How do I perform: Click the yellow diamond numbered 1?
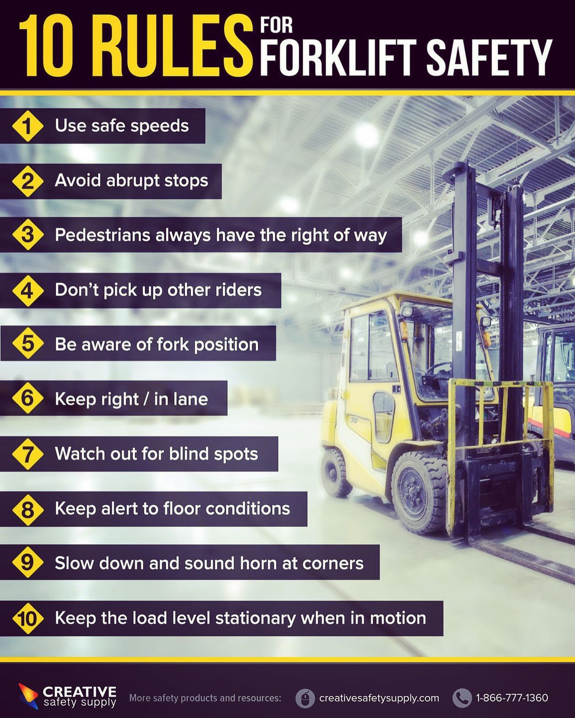28,126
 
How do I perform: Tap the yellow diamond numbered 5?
28,343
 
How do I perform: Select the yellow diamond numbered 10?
28,618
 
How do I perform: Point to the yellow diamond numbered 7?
28,454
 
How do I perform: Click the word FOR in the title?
276,25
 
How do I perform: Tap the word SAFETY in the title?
489,57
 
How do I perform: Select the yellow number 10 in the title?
46,46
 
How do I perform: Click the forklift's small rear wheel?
335,473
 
